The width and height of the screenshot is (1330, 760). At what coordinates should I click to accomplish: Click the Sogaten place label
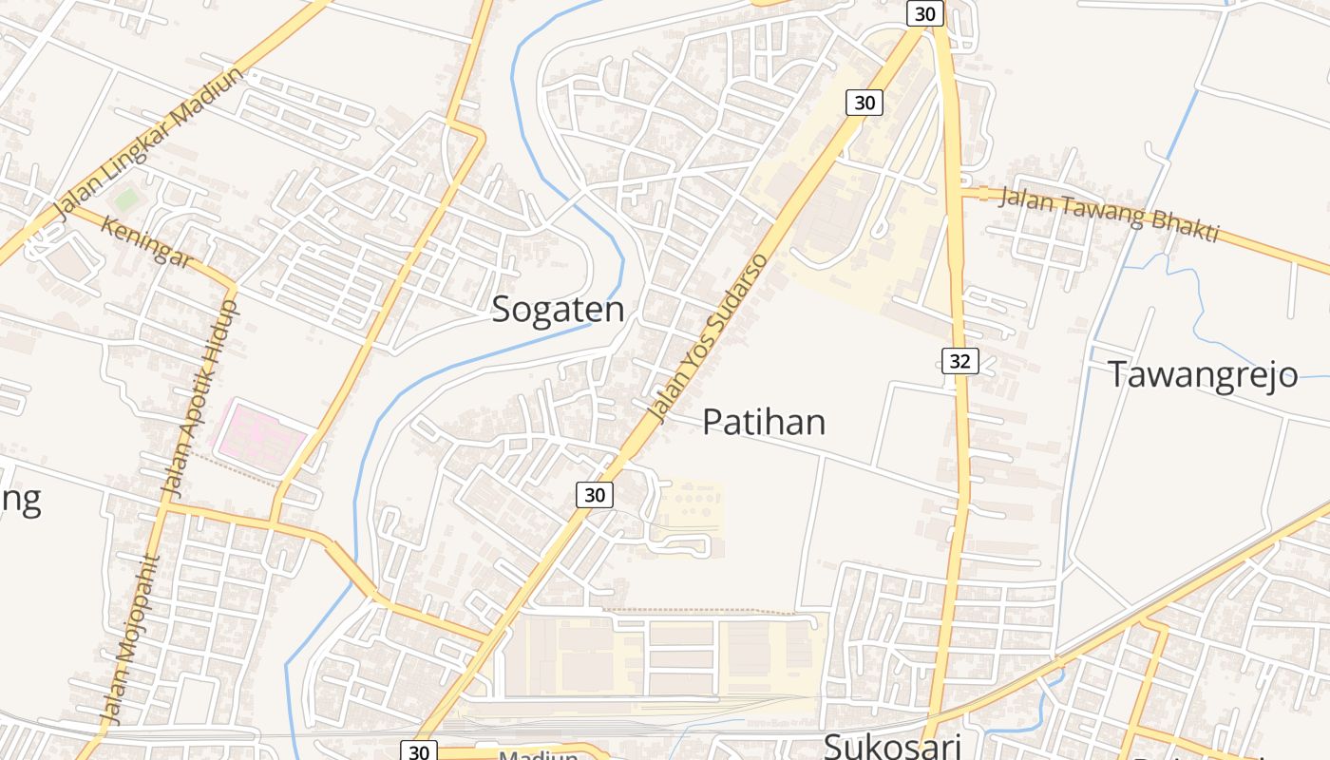coord(558,311)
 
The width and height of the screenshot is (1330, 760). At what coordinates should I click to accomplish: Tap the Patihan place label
coord(764,422)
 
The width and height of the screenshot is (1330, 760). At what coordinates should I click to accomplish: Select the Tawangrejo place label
coord(1203,374)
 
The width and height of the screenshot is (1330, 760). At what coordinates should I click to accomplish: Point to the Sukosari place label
coord(892,745)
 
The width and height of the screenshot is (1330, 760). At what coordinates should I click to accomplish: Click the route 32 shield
coord(960,361)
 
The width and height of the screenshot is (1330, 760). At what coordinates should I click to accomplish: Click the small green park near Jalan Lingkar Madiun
coord(124,199)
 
